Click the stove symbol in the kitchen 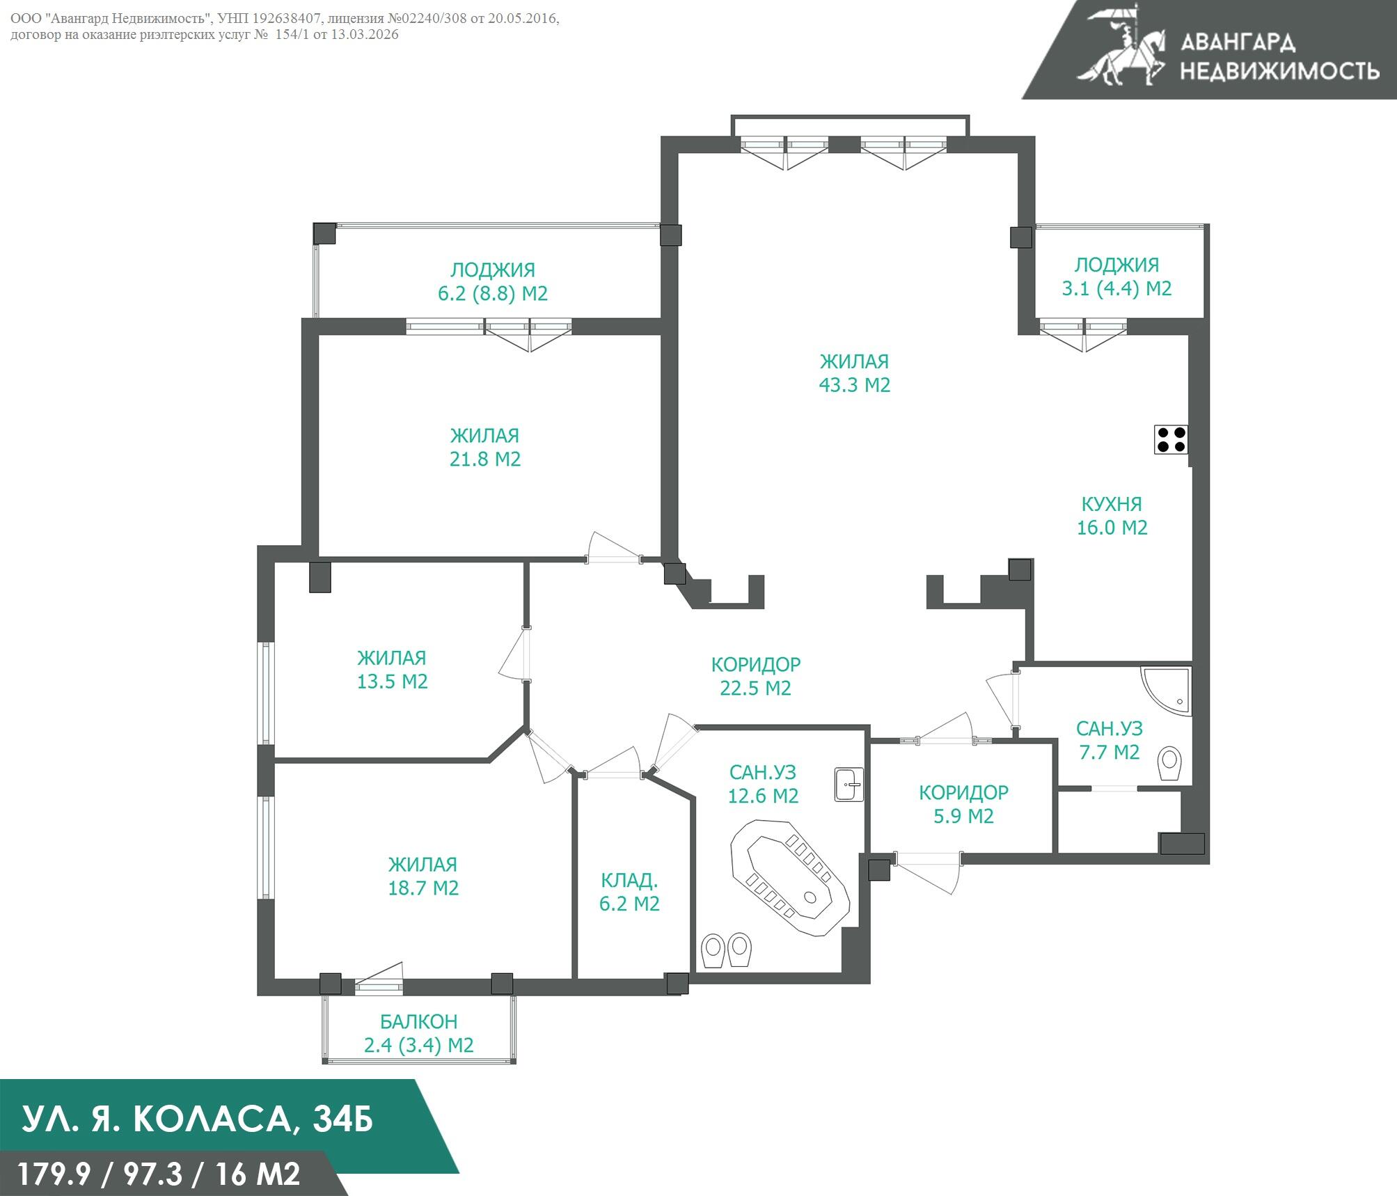pyautogui.click(x=1170, y=439)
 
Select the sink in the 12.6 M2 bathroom pyautogui.click(x=849, y=785)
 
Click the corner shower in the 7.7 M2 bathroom pyautogui.click(x=1164, y=689)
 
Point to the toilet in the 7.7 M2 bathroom pyautogui.click(x=1170, y=764)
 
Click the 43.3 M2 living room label pyautogui.click(x=854, y=373)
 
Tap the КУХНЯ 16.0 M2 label pyautogui.click(x=1112, y=516)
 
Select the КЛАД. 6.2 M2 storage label pyautogui.click(x=629, y=892)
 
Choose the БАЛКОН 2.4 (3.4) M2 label pyautogui.click(x=418, y=1033)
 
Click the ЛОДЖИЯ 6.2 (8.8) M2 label pyautogui.click(x=493, y=281)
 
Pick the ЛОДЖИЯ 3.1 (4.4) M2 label pyautogui.click(x=1116, y=276)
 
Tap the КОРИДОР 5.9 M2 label pyautogui.click(x=963, y=804)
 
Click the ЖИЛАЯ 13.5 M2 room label pyautogui.click(x=392, y=670)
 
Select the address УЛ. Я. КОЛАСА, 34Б pyautogui.click(x=198, y=1119)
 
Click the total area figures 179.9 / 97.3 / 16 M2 pyautogui.click(x=159, y=1174)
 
